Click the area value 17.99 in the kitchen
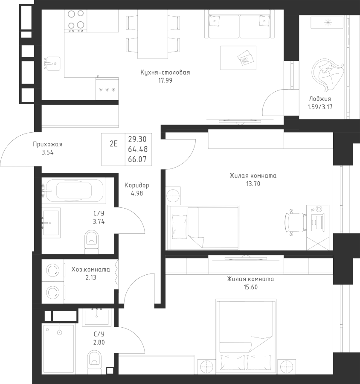(165, 80)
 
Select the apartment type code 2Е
(113, 144)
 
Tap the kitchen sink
(51, 63)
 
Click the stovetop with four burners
(76, 20)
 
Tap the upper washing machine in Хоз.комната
(52, 270)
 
